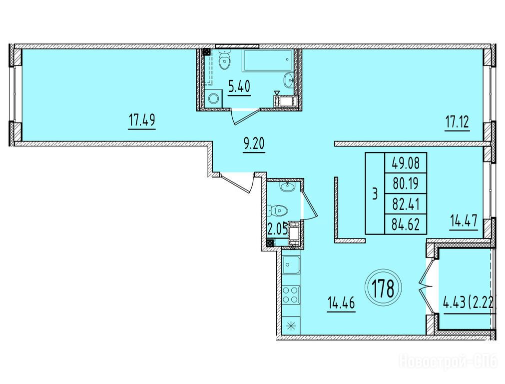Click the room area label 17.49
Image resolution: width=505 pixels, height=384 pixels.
[142, 121]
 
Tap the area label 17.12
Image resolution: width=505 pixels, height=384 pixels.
[457, 122]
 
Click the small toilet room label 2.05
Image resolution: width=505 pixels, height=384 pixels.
[277, 230]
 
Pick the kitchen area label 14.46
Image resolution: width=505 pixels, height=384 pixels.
[341, 303]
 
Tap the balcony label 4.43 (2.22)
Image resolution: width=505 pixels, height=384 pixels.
[468, 303]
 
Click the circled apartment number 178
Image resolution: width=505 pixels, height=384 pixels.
[384, 288]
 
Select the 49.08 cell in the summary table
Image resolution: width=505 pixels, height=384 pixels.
[406, 163]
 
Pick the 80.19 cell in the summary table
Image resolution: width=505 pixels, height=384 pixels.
[406, 183]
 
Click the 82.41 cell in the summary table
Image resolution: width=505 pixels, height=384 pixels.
[406, 204]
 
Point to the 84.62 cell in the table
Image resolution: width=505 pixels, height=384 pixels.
[406, 224]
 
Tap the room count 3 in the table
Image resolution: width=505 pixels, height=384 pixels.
[375, 194]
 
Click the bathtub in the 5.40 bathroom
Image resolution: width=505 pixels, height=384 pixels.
[268, 60]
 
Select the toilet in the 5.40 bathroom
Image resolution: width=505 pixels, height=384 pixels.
[224, 59]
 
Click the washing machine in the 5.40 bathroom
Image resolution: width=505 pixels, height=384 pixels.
[213, 98]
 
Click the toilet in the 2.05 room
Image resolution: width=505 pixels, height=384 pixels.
[278, 210]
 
